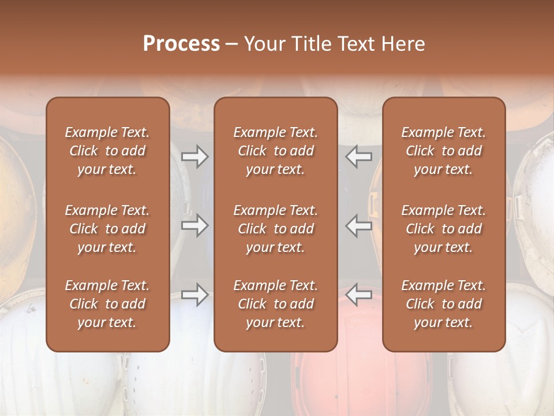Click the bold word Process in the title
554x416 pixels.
181,44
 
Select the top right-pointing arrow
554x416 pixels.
194,156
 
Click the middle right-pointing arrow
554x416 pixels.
194,225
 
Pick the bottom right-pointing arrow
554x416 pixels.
194,295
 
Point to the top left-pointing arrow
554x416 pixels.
358,156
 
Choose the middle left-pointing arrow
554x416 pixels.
358,225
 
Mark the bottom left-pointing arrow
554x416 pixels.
358,295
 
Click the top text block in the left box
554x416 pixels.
107,151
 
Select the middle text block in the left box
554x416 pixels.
107,229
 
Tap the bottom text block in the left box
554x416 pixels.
107,304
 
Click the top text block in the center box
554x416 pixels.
276,151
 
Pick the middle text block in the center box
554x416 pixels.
276,229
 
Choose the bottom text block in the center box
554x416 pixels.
276,304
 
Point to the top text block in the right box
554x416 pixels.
444,151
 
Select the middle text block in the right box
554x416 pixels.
444,229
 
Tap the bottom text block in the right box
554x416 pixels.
444,304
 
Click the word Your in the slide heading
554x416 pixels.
263,44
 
